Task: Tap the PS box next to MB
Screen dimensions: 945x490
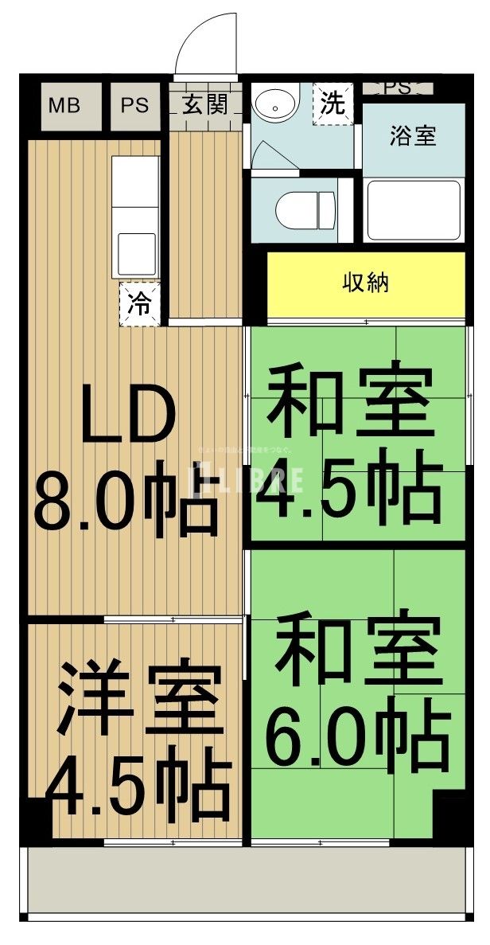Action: point(134,105)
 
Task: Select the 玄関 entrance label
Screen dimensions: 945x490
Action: point(204,105)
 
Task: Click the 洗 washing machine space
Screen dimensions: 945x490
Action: point(332,104)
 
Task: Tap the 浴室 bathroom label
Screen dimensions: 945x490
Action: point(412,135)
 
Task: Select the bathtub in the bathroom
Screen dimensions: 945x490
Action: point(413,210)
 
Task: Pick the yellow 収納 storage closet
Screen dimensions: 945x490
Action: point(365,283)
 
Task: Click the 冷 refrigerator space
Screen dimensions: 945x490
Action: point(139,304)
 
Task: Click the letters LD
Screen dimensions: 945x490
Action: point(127,416)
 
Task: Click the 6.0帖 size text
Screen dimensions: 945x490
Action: point(356,737)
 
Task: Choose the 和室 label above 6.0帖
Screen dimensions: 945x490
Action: point(358,650)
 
